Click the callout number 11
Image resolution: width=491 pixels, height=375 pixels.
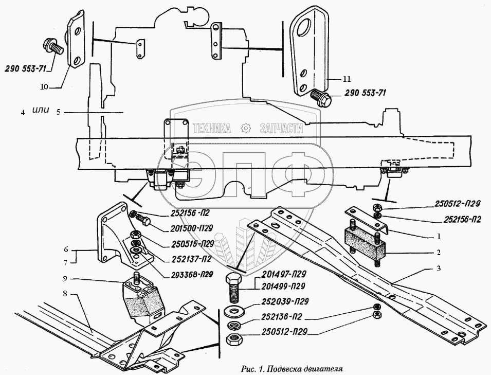click(x=347, y=79)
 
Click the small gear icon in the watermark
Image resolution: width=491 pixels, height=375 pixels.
click(x=246, y=128)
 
